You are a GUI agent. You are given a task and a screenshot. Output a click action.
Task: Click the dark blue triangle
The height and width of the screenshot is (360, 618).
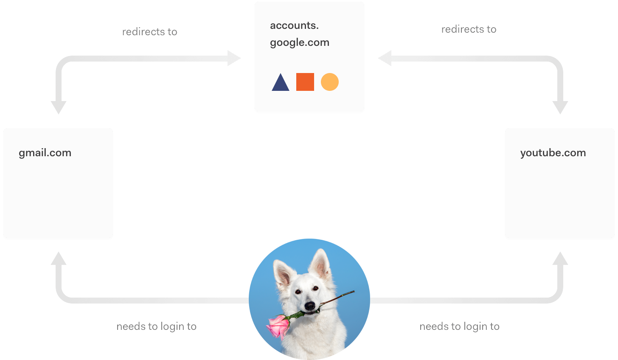click(x=281, y=84)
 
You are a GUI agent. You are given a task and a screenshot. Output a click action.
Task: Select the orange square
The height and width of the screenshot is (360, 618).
click(x=305, y=82)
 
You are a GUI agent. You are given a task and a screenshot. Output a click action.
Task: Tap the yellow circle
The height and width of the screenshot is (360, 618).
click(x=330, y=82)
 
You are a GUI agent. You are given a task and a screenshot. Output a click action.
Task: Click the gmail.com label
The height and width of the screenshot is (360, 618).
click(x=45, y=153)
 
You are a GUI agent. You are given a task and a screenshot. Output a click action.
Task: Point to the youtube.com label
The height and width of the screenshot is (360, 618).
click(x=553, y=153)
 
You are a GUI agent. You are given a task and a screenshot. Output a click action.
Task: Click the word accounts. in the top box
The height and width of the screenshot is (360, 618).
click(x=294, y=25)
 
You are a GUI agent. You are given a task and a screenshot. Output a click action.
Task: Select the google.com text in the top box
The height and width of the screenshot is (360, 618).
click(x=300, y=42)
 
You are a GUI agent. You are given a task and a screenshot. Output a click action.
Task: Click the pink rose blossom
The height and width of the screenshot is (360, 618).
click(x=278, y=326)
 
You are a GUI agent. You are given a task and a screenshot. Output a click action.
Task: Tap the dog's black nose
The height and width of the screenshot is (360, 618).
click(x=310, y=306)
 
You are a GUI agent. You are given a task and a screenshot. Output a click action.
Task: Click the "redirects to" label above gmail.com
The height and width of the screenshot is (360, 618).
click(x=149, y=32)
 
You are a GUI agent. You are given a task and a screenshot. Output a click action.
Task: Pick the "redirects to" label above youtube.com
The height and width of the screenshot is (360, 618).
click(x=469, y=29)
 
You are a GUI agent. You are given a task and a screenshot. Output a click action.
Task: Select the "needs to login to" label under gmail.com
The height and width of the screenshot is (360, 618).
click(x=156, y=326)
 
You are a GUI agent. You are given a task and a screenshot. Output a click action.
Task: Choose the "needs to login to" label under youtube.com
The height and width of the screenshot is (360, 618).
click(x=459, y=326)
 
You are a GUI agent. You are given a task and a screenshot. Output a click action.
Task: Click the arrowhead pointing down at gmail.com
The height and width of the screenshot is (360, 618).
click(x=59, y=107)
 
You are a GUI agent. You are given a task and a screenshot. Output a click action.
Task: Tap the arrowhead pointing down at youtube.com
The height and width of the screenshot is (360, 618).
click(x=560, y=107)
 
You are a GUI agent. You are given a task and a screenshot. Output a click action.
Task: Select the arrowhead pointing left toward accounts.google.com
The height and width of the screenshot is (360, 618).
click(x=385, y=58)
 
